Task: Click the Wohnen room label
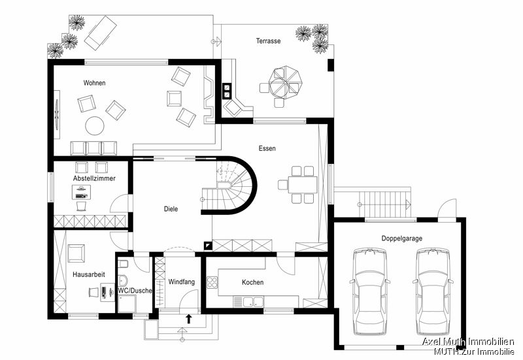click(x=94, y=83)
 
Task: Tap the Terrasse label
click(x=268, y=41)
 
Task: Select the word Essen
click(x=267, y=149)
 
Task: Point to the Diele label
click(x=171, y=209)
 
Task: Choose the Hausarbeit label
click(x=88, y=274)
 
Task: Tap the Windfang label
click(x=181, y=282)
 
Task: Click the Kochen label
click(x=252, y=282)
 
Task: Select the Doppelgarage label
click(x=402, y=238)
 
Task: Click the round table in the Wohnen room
click(x=94, y=125)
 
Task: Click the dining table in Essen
click(x=303, y=184)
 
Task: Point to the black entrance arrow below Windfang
click(x=190, y=319)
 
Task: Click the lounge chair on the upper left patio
click(x=98, y=33)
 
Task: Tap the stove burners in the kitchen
click(x=212, y=282)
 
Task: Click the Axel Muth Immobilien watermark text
click(x=467, y=342)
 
